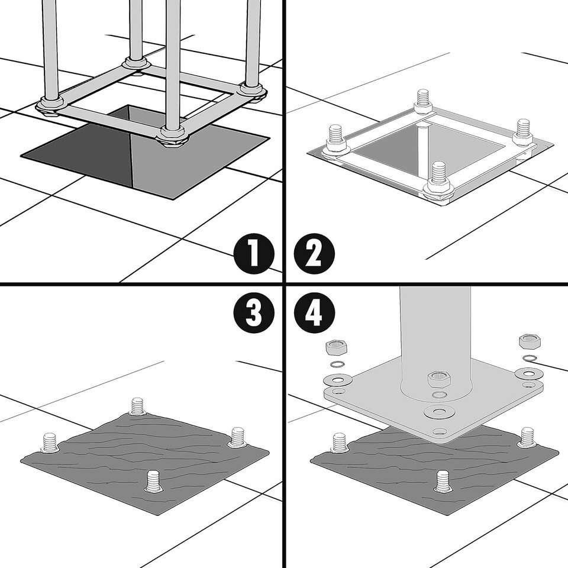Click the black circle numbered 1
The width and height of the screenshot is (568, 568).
tap(254, 254)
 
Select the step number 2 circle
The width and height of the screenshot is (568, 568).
tap(314, 254)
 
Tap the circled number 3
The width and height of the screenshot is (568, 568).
tap(254, 312)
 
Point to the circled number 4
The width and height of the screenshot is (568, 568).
tap(314, 312)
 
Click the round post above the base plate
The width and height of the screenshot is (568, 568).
tap(435, 341)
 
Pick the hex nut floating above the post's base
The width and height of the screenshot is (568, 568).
tap(439, 379)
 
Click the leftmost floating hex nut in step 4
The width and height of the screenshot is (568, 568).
tap(337, 348)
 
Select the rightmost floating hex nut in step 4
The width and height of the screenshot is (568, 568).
tap(530, 341)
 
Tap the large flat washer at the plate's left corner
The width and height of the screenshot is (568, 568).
tap(338, 380)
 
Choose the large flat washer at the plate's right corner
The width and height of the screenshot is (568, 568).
tap(529, 373)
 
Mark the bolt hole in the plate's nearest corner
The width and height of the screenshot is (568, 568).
tap(439, 431)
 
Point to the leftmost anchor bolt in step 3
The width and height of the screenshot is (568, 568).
tap(50, 443)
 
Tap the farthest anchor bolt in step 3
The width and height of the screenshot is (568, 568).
tap(138, 406)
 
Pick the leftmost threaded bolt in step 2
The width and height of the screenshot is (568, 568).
tap(337, 141)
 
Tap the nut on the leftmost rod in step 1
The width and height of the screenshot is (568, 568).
tap(51, 105)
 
